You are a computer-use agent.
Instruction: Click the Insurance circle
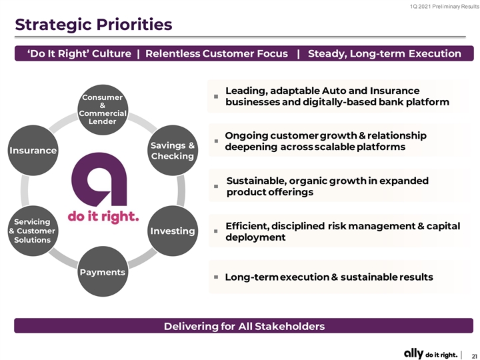tap(33, 150)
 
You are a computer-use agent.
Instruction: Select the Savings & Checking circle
tap(173, 150)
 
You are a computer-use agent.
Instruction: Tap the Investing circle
tap(173, 231)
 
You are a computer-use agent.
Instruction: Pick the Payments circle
tap(103, 271)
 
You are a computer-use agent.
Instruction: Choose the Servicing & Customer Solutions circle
tap(33, 231)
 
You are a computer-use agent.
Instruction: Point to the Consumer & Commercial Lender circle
tap(103, 109)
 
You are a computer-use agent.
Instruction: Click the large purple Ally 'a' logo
tap(99, 179)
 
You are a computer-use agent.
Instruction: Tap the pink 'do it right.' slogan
tap(103, 217)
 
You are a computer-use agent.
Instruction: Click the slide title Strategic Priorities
tap(93, 25)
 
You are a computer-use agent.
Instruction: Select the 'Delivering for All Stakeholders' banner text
tap(244, 326)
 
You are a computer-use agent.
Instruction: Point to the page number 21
tap(474, 356)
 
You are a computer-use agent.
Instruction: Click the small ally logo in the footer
tap(413, 353)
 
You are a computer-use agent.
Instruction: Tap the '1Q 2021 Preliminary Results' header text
tap(445, 7)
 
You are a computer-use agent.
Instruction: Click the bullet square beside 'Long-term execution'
tap(216, 277)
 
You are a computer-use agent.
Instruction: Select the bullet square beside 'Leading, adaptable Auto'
tap(216, 97)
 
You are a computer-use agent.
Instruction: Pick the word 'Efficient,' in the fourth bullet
tap(247, 226)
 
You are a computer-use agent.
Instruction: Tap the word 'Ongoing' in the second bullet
tap(247, 136)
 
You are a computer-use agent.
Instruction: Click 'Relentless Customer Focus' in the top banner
tap(217, 53)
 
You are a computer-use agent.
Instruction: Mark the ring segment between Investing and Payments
tap(143, 258)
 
